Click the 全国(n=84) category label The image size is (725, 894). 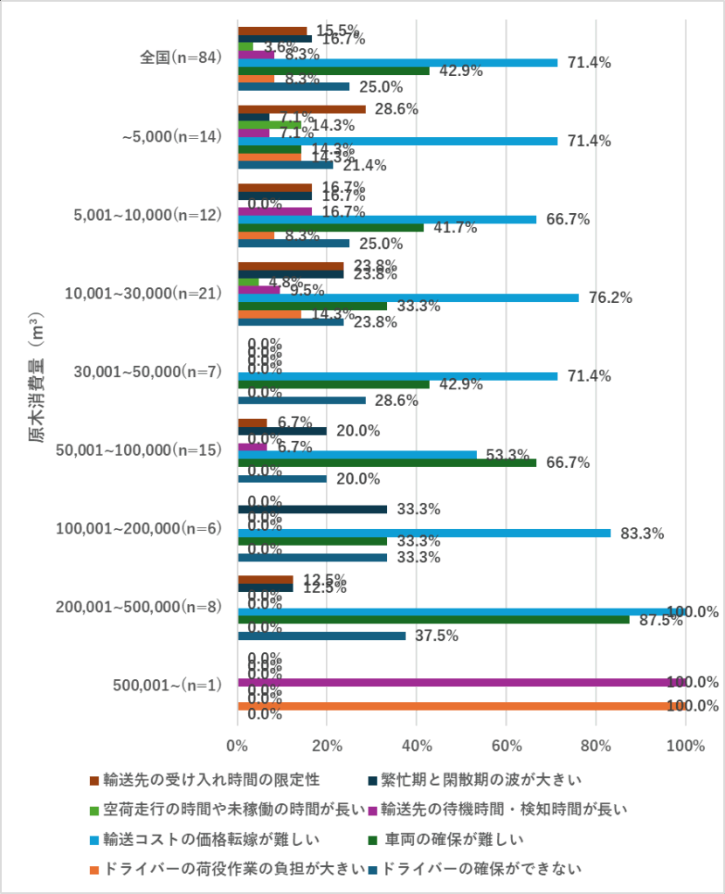pyautogui.click(x=182, y=58)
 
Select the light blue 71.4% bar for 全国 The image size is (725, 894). pyautogui.click(x=397, y=63)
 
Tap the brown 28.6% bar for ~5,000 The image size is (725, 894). pyautogui.click(x=302, y=109)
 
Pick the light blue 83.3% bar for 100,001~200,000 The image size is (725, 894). pyautogui.click(x=424, y=533)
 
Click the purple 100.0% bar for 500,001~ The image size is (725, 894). pyautogui.click(x=461, y=682)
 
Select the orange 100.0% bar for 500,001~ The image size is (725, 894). pyautogui.click(x=461, y=705)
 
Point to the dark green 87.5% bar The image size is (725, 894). pyautogui.click(x=433, y=619)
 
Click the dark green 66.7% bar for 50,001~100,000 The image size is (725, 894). pyautogui.click(x=387, y=463)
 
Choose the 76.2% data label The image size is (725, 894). pyautogui.click(x=611, y=298)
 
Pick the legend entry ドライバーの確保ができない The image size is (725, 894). pyautogui.click(x=481, y=869)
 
